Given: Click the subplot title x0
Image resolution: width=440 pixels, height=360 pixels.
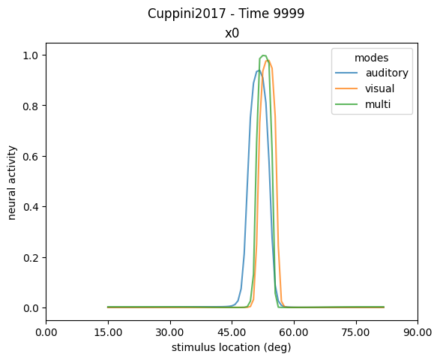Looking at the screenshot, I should point(232,33).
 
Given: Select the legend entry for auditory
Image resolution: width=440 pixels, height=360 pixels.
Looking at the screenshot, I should point(387,73).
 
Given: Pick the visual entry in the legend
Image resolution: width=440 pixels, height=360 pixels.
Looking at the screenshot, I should point(381,89).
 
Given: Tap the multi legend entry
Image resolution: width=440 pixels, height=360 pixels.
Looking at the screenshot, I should point(379,106).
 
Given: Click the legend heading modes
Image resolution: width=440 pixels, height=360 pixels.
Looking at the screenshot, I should point(372,57).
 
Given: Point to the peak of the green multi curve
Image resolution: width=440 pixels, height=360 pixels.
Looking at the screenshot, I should point(263,55).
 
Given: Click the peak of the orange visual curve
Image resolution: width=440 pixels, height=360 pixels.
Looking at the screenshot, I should point(268,61).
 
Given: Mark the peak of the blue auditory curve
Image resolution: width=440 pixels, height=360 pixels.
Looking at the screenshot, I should point(258,71).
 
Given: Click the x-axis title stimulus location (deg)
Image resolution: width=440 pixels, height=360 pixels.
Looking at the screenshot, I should point(232,347).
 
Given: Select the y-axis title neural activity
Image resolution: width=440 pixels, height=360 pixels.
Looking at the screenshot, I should point(13,180).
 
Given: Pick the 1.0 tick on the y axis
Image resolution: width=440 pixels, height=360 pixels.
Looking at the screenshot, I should point(33,55).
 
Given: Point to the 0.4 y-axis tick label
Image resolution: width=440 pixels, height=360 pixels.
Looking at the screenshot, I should point(33,207).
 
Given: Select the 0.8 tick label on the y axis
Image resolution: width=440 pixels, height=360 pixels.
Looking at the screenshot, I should point(33,106).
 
